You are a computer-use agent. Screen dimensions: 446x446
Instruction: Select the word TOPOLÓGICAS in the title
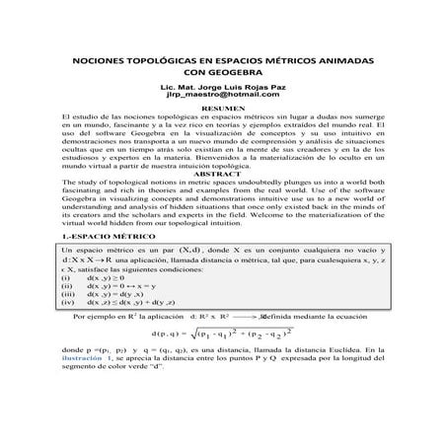point(165,60)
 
